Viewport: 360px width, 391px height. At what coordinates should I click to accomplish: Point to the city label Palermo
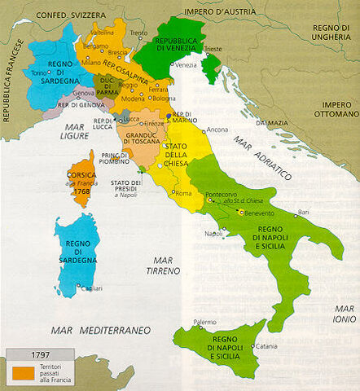point(204,322)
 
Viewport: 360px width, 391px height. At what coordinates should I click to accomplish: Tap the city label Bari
point(304,213)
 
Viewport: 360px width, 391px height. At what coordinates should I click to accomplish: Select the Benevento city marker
point(240,212)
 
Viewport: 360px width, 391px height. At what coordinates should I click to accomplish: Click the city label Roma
point(182,193)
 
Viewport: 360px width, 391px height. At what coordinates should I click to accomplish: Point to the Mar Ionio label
point(343,314)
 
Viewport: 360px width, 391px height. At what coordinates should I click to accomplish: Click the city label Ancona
point(217,130)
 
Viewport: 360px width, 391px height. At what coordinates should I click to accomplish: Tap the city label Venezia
point(185,65)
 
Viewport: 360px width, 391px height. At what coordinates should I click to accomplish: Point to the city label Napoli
point(213,234)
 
